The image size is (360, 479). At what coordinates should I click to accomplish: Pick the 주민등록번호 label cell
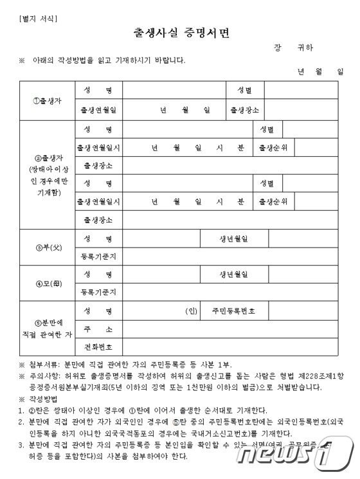point(233,311)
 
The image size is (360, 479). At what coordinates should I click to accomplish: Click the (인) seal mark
point(190,311)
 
